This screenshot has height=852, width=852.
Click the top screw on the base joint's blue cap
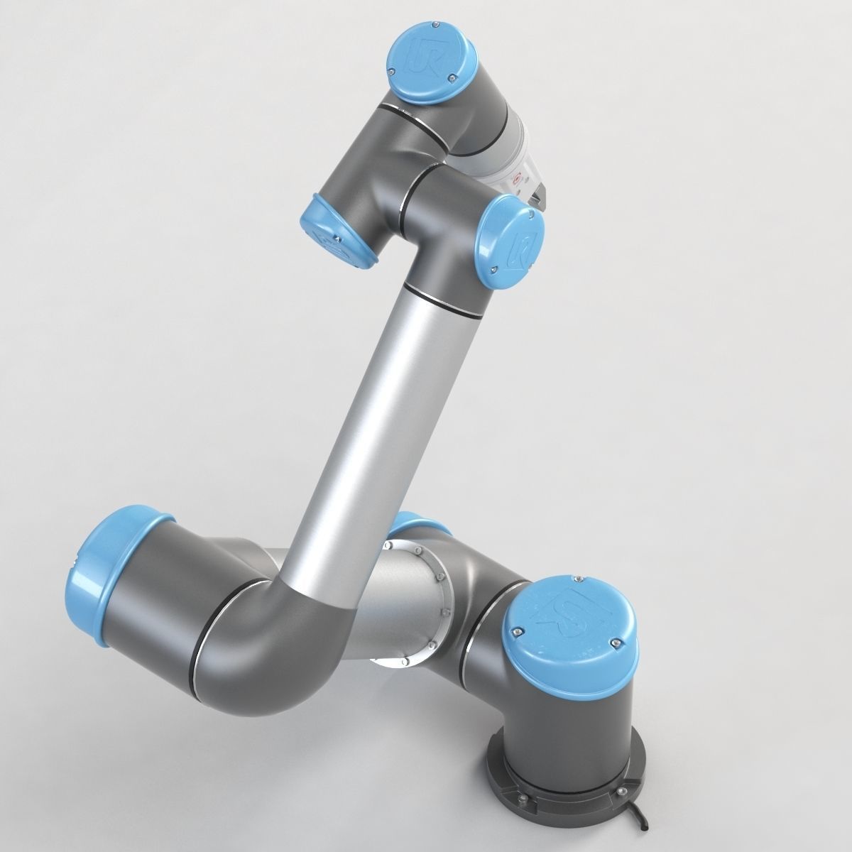581,577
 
